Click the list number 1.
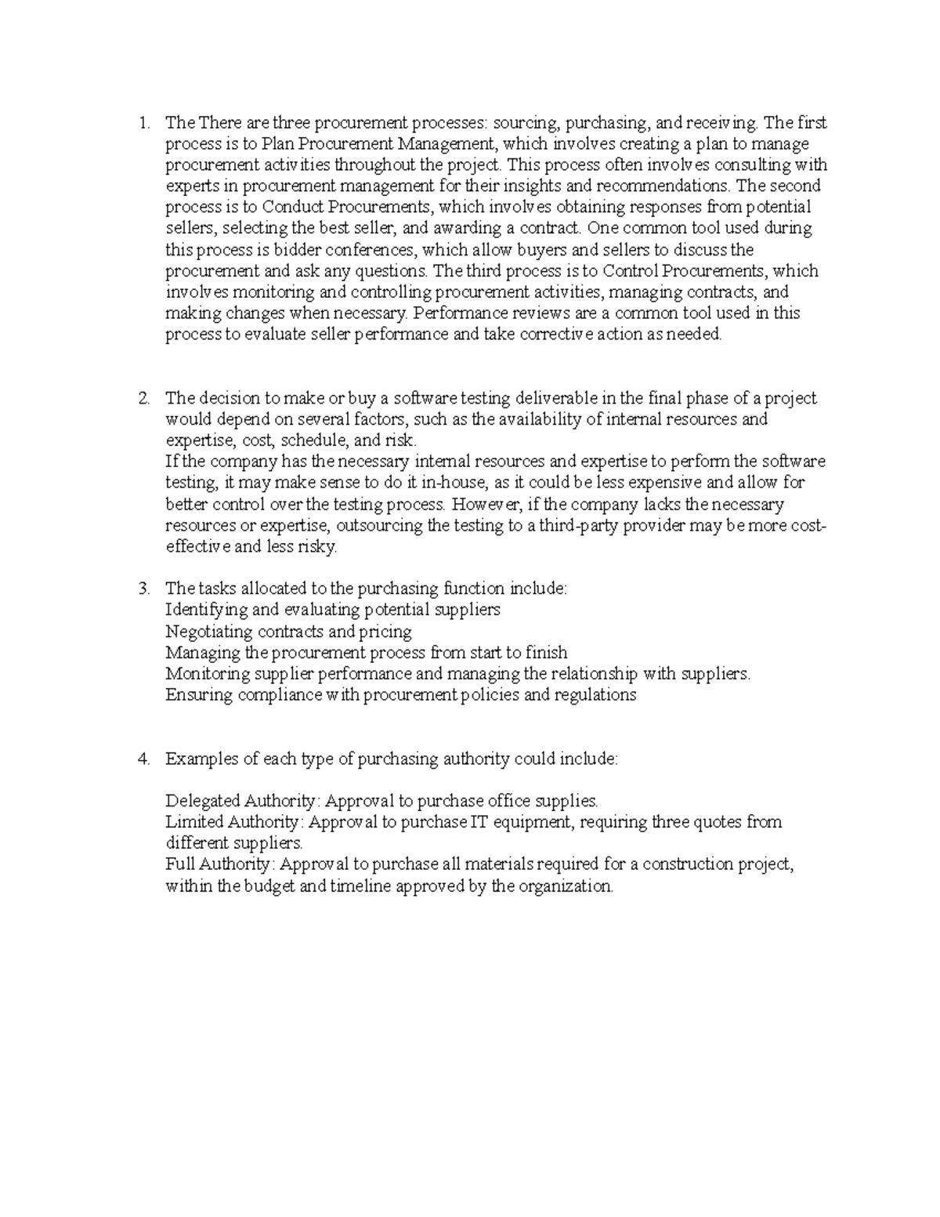[x=142, y=123]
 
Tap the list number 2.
[x=143, y=398]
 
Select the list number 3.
[x=143, y=589]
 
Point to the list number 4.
[x=143, y=759]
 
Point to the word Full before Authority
[x=179, y=864]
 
